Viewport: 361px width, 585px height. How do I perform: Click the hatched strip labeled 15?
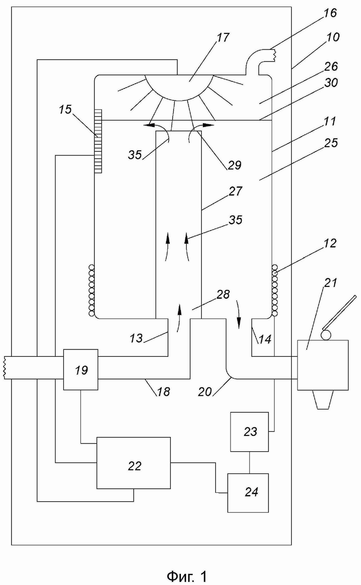tap(98, 141)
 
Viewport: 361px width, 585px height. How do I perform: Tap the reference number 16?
tap(330, 13)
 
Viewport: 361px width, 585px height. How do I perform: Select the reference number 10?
tap(333, 37)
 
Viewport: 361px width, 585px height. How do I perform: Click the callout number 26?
tap(331, 66)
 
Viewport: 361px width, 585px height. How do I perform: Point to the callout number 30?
tap(331, 83)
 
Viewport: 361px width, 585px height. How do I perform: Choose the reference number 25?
tap(331, 143)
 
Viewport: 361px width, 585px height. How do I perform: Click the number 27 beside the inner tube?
tap(235, 191)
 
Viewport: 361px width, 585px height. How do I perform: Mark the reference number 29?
tap(234, 165)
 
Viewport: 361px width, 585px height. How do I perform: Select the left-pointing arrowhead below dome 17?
tap(149, 125)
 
